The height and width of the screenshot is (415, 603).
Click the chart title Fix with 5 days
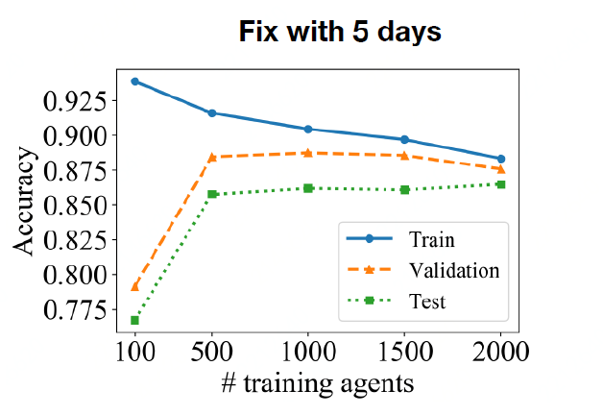340,32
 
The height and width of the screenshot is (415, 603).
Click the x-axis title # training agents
318,383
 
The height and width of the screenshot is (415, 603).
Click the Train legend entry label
431,238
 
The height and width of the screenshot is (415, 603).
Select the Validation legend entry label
454,271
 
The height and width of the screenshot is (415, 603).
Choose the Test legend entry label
426,303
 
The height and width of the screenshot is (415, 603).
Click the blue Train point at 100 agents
134,81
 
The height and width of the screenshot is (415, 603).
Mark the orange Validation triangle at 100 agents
134,286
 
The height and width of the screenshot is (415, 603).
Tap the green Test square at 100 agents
134,320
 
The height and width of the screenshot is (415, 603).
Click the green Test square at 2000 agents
500,184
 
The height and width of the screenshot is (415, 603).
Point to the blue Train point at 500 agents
211,113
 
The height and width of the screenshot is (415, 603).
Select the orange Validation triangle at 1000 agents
308,153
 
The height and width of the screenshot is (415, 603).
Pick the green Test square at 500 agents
211,194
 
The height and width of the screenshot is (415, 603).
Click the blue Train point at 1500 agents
404,139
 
